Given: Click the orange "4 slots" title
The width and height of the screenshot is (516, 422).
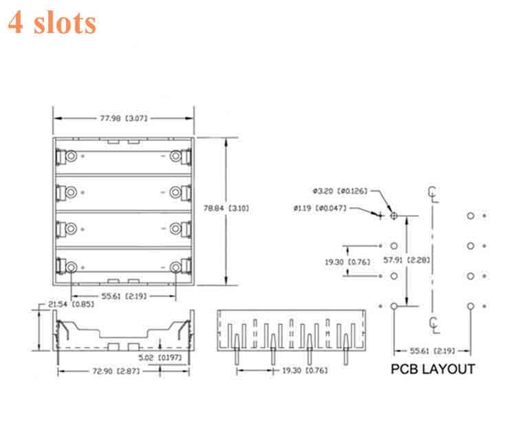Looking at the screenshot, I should [52, 22].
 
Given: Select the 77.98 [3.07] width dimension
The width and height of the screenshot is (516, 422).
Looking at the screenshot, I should [124, 118].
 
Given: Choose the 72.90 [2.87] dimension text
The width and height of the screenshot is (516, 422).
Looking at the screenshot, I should [124, 371].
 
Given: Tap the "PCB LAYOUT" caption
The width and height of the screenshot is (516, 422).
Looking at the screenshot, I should [432, 369].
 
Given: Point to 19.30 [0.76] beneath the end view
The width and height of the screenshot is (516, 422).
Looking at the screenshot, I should [304, 371].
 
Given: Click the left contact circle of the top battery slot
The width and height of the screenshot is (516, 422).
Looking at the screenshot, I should [71, 156].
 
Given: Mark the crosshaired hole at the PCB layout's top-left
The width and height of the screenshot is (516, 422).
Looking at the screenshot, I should [394, 215].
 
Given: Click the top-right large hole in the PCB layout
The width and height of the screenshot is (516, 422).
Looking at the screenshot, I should [471, 215].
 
